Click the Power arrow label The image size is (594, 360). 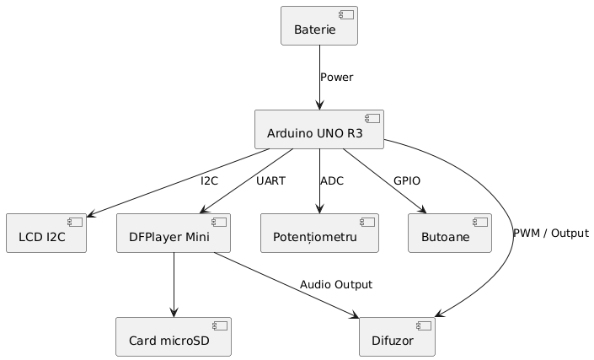coord(336,78)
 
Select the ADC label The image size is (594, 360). coord(332,180)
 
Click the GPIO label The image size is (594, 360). coord(407,180)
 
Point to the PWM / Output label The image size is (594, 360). coord(550,233)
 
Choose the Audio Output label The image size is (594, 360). coord(335,285)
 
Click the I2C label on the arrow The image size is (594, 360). coord(210,180)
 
